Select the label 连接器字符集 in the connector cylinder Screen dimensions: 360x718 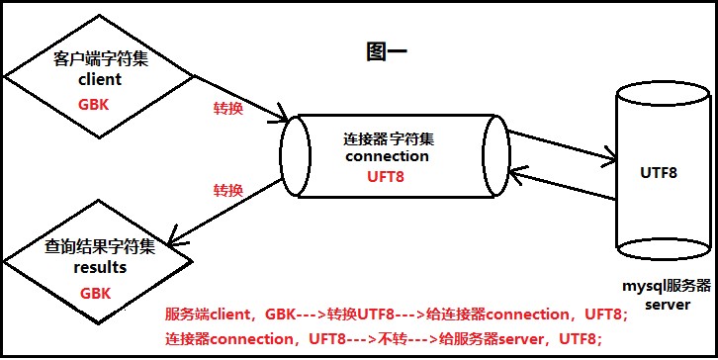coord(387,138)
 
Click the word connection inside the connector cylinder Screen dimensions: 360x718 coord(388,156)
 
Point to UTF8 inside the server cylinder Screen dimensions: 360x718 coord(658,173)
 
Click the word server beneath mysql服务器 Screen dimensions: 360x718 coord(661,306)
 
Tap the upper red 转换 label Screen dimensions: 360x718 coord(228,109)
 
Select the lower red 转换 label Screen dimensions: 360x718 coord(228,190)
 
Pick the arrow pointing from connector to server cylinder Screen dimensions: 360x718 coord(559,141)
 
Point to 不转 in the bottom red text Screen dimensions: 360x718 coord(387,339)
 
